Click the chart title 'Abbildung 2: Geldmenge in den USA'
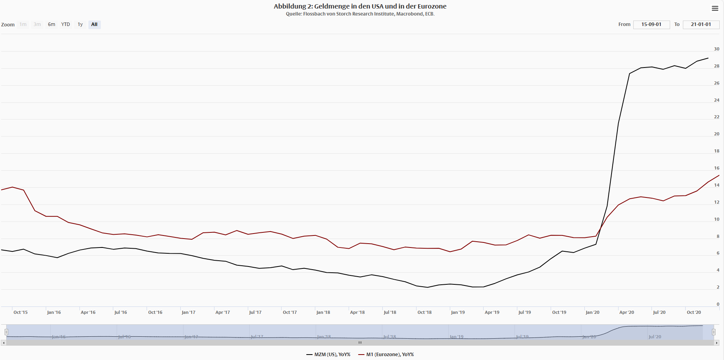360,6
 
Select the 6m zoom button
52,24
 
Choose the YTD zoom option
66,24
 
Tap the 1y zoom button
80,24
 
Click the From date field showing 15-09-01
651,24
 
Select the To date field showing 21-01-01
701,24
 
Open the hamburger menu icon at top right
715,9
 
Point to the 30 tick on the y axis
717,49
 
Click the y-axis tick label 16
717,168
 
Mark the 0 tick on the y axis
718,304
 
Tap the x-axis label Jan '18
323,312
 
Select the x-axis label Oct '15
21,312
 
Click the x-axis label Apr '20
627,312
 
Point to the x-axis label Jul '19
525,312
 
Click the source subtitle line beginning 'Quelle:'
360,14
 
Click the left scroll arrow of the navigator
3,343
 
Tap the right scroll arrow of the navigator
717,343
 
